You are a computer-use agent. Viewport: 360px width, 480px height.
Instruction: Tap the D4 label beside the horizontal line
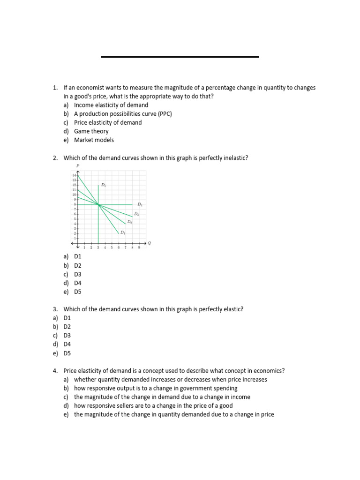(x=140, y=205)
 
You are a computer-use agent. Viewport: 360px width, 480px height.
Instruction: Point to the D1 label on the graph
(x=122, y=232)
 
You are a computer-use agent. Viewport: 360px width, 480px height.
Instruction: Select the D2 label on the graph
(x=129, y=222)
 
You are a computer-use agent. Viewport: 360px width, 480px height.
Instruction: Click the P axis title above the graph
(x=78, y=166)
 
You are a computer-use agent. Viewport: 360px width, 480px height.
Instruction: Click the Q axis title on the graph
(x=149, y=243)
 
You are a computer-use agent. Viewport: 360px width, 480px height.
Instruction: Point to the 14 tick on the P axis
(x=74, y=175)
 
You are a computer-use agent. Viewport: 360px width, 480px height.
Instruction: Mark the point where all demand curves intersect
(x=98, y=204)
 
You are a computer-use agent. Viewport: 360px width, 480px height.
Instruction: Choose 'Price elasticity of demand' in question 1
(x=107, y=122)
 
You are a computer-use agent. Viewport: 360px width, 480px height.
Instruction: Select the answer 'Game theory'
(x=91, y=131)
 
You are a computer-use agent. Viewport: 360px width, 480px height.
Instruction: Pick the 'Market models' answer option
(x=94, y=140)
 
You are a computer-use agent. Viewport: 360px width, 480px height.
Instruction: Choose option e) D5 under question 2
(x=77, y=292)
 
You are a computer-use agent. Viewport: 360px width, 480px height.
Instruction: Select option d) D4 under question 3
(x=67, y=344)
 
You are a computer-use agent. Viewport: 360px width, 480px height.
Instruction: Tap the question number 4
(x=55, y=371)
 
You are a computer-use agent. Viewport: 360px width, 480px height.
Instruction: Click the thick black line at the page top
(x=180, y=57)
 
